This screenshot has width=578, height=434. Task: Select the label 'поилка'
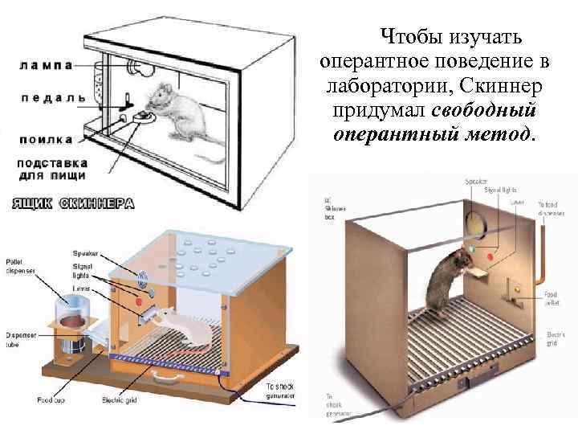(46, 139)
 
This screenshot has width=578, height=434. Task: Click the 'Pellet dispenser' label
(19, 268)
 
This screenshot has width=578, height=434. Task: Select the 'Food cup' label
(53, 399)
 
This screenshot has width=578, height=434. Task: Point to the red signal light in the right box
(492, 258)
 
